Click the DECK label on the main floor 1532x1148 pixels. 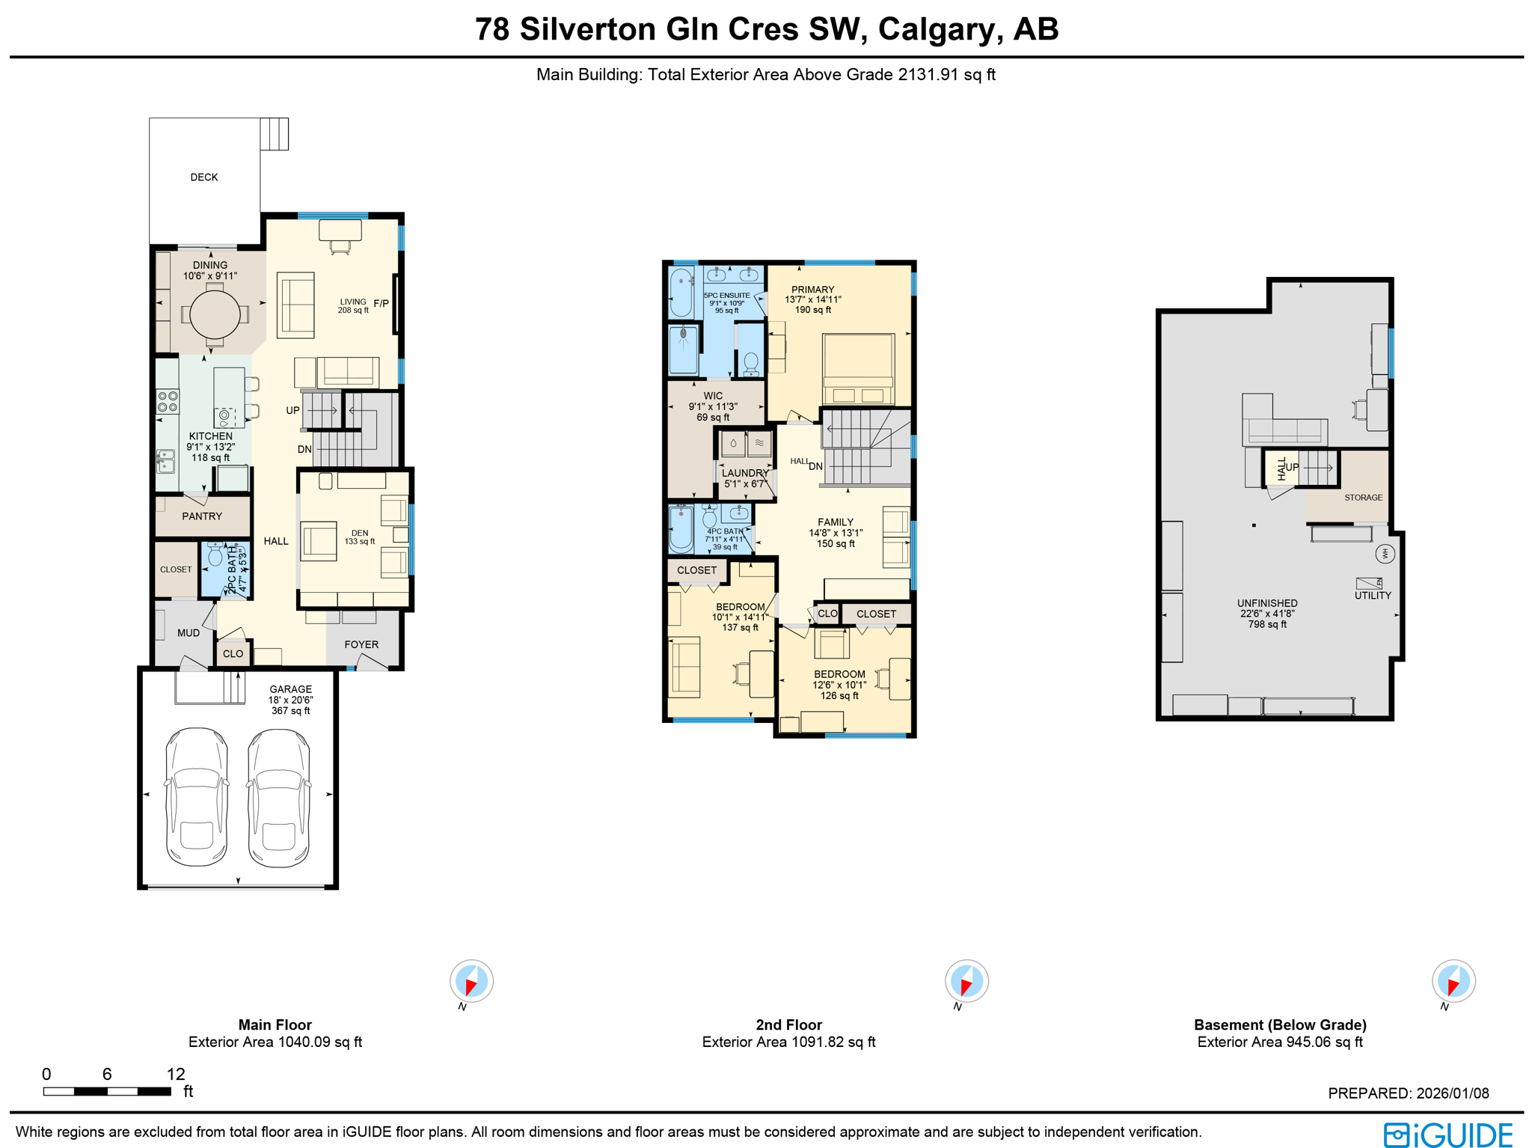(x=203, y=177)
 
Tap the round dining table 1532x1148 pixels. (x=215, y=314)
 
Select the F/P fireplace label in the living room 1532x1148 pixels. (x=381, y=303)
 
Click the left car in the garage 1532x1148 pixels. (x=197, y=797)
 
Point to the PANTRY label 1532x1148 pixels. (x=202, y=516)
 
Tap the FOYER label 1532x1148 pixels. (x=361, y=644)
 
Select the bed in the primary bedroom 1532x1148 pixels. (x=858, y=369)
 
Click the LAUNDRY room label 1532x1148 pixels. (x=745, y=473)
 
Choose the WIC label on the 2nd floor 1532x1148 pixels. (x=713, y=396)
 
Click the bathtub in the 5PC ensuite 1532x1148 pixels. (x=681, y=293)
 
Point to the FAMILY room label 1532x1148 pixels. (x=835, y=522)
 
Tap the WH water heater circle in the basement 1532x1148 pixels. (x=1385, y=554)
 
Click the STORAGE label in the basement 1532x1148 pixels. (x=1363, y=498)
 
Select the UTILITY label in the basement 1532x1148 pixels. (x=1373, y=596)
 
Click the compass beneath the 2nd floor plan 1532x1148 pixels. (x=966, y=981)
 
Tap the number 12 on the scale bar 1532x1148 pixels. (x=176, y=1074)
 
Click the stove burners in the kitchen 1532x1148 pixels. (x=168, y=402)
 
